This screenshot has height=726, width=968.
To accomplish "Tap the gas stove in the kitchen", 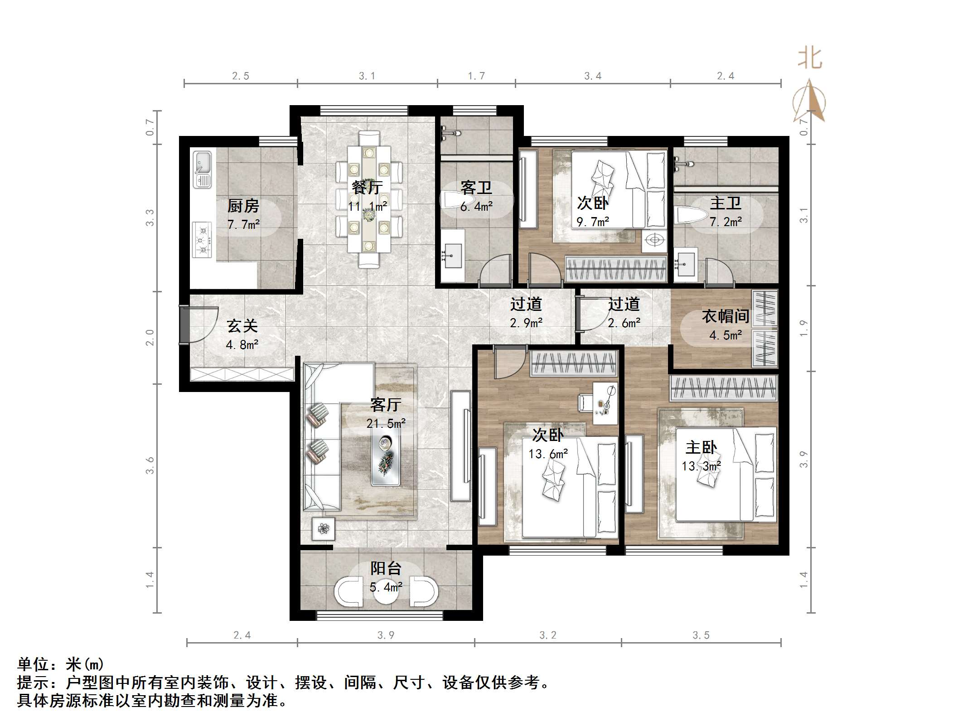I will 202,240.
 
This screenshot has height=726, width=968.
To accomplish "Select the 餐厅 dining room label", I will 367,187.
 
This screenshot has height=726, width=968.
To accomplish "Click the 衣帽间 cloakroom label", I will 726,316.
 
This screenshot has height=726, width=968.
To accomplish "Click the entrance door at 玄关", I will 184,325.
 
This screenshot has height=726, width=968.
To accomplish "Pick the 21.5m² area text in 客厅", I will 386,424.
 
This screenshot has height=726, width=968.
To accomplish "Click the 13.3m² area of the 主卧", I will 701,466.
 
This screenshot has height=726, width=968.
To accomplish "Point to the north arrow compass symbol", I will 809,102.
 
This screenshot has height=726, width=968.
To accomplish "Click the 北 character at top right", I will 810,59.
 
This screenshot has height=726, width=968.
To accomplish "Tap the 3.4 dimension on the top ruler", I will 593,76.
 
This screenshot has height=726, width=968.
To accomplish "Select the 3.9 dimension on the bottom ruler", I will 386,635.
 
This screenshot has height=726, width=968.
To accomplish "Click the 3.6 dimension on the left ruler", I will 150,465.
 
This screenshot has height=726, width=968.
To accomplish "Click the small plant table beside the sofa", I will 323,528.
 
